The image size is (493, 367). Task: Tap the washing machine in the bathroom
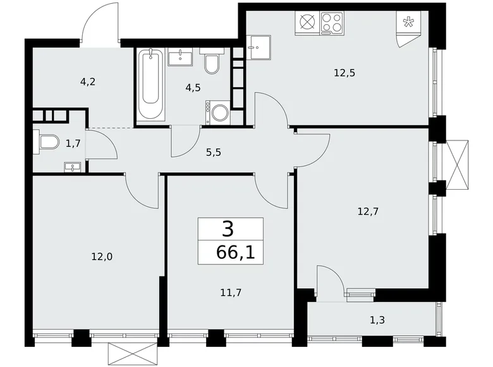[x=217, y=113]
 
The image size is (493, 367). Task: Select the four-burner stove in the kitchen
[x=332, y=23]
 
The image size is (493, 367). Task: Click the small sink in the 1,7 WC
[x=73, y=167]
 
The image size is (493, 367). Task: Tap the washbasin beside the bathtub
[x=180, y=57]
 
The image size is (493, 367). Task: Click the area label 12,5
[x=344, y=73]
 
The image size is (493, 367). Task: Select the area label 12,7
[x=368, y=211]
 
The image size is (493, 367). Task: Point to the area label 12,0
[x=102, y=257]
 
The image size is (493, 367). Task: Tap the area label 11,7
[x=231, y=293]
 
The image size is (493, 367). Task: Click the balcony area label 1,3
[x=377, y=320]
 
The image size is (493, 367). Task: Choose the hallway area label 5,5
[x=214, y=152]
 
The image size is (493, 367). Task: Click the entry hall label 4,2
[x=88, y=82]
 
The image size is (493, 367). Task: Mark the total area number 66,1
[x=236, y=252]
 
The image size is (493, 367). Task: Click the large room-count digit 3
[x=228, y=229]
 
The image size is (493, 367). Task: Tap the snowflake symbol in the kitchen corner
[x=408, y=22]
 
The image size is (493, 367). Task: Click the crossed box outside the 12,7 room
[x=457, y=165]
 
